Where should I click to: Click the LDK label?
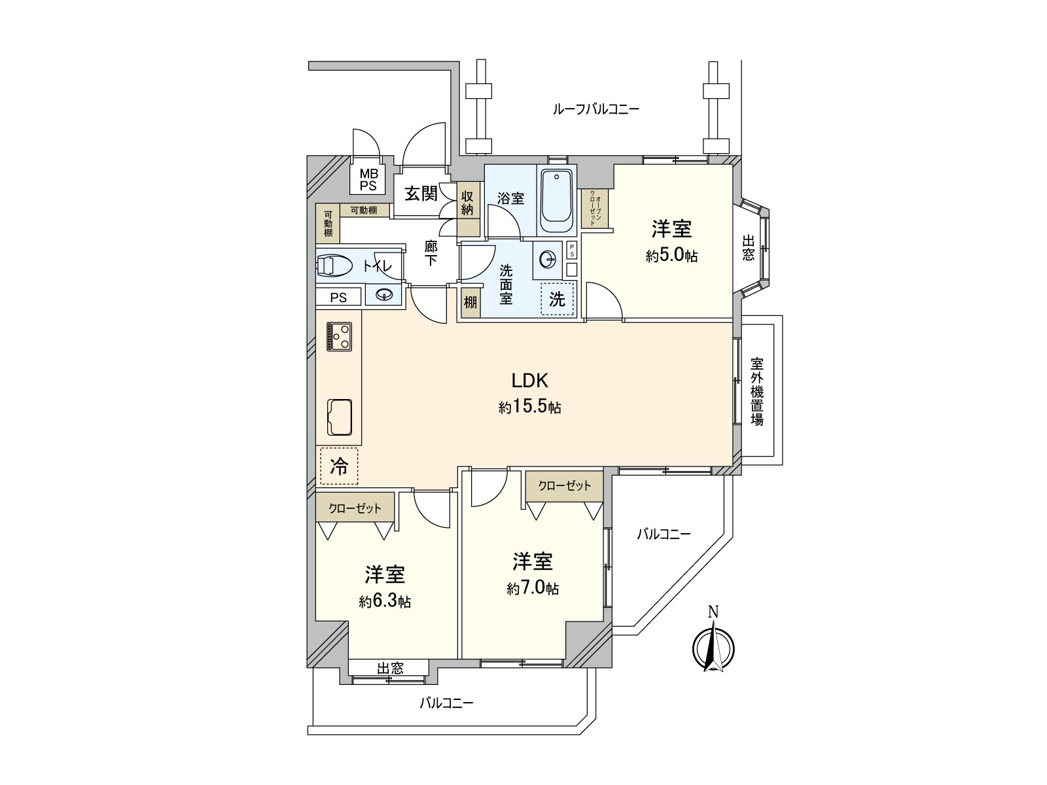[529, 380]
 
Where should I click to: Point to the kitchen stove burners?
[339, 337]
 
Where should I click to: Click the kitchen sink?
[339, 416]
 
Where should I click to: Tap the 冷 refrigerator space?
[339, 466]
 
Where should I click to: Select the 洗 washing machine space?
[557, 299]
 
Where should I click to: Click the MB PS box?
[368, 179]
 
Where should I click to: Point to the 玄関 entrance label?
[420, 194]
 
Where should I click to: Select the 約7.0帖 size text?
[533, 588]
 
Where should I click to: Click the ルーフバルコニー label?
[595, 109]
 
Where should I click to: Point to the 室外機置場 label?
[757, 391]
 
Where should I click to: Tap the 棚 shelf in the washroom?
[470, 303]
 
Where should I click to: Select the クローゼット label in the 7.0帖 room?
[564, 485]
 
